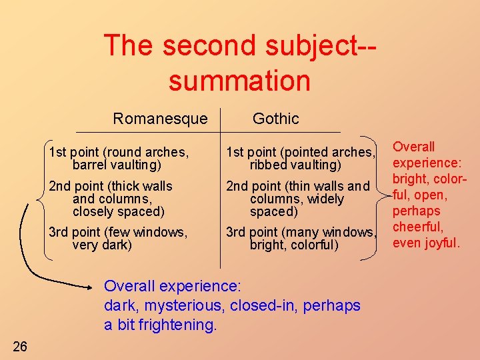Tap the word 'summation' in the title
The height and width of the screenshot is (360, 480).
[239, 81]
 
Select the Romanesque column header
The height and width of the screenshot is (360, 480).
[160, 119]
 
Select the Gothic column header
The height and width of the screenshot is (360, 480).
[275, 119]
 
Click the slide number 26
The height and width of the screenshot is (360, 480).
[20, 345]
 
